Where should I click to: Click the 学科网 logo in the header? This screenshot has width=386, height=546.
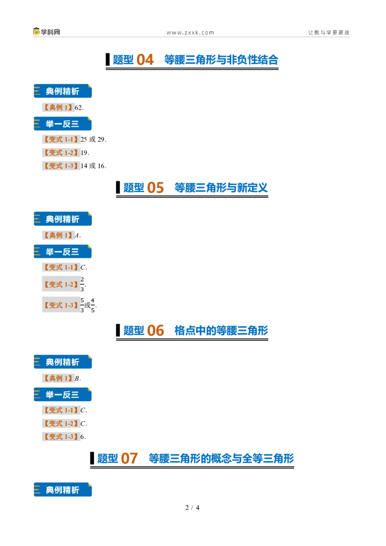46,32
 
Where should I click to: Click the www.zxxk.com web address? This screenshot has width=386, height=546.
190,33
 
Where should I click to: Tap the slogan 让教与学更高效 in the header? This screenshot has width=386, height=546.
329,32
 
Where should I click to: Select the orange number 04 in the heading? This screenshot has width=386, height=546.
145,60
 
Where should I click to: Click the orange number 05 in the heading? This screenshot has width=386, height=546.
155,188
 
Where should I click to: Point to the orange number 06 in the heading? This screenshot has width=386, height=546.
155,331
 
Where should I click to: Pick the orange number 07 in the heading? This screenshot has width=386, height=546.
129,459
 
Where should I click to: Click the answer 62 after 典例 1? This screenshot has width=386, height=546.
78,108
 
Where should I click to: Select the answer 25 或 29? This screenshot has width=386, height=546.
93,139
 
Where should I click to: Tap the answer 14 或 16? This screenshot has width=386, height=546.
93,166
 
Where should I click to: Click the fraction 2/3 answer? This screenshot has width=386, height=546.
82,284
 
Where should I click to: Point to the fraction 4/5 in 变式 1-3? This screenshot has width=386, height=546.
93,305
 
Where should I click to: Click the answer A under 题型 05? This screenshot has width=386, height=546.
77,235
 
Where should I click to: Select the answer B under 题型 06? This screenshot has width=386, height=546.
77,378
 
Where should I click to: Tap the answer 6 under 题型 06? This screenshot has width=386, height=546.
82,437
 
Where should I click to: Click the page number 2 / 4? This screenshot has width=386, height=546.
193,508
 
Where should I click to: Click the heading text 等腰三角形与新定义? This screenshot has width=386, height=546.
221,188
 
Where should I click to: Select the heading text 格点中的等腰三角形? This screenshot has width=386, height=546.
221,331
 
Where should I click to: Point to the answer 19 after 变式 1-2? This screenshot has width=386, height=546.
84,152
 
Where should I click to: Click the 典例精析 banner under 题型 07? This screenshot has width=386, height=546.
63,490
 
